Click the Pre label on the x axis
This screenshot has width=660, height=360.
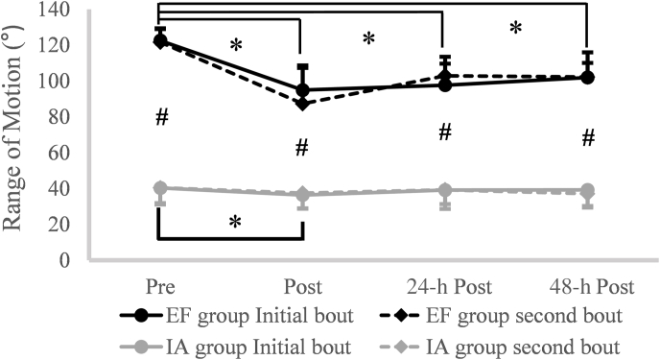pyautogui.click(x=159, y=287)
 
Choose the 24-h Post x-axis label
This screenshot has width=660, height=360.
pyautogui.click(x=444, y=287)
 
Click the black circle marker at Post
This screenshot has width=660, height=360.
pyautogui.click(x=302, y=91)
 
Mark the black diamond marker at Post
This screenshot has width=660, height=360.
pyautogui.click(x=302, y=103)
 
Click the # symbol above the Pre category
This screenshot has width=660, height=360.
pyautogui.click(x=162, y=117)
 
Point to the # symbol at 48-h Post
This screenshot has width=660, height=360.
pyautogui.click(x=589, y=139)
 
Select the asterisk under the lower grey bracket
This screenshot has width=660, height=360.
pyautogui.click(x=233, y=222)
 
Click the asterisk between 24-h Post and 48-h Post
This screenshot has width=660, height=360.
pyautogui.click(x=515, y=28)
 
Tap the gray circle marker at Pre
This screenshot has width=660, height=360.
pyautogui.click(x=160, y=188)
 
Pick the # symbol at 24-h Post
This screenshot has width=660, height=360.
pyautogui.click(x=445, y=132)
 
